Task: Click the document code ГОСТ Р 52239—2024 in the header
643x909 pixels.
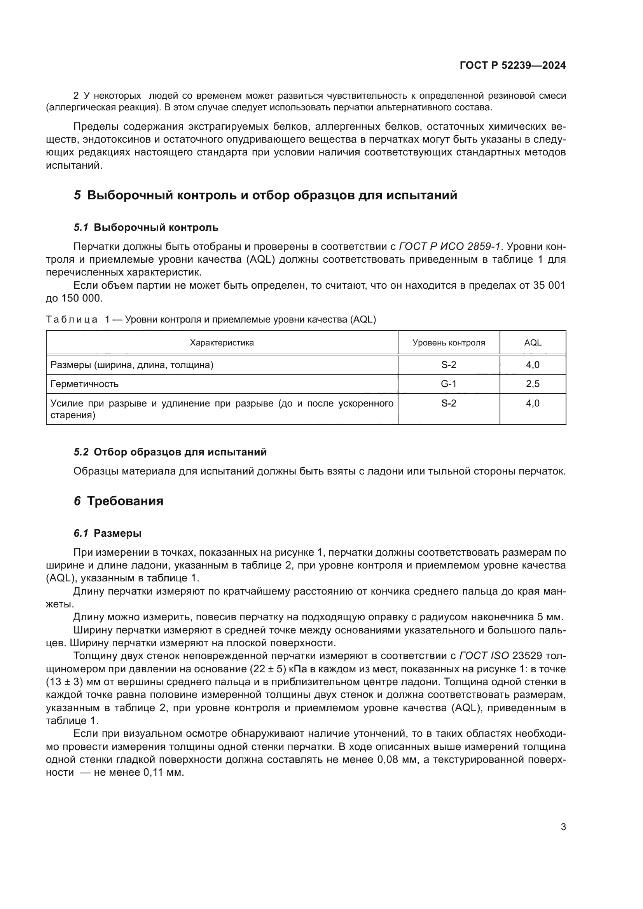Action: point(513,66)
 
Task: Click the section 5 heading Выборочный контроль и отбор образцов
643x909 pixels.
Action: point(265,195)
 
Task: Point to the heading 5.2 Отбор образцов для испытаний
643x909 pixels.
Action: point(170,452)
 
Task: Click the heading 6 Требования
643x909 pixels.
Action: point(119,501)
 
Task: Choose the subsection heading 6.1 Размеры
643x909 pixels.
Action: point(107,533)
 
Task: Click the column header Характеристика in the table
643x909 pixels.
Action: point(222,343)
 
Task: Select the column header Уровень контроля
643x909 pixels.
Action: point(449,343)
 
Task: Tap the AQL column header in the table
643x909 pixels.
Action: point(533,343)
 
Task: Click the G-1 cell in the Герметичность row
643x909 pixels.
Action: point(449,384)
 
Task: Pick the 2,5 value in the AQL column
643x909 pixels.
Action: point(533,384)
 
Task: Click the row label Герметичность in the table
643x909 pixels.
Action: point(84,384)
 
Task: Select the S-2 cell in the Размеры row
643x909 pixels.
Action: point(449,365)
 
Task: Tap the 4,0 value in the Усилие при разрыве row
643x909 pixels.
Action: point(533,403)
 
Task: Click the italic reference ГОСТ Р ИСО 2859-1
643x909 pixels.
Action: point(450,247)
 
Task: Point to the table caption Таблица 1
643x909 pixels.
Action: point(71,319)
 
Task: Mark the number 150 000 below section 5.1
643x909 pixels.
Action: point(82,298)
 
